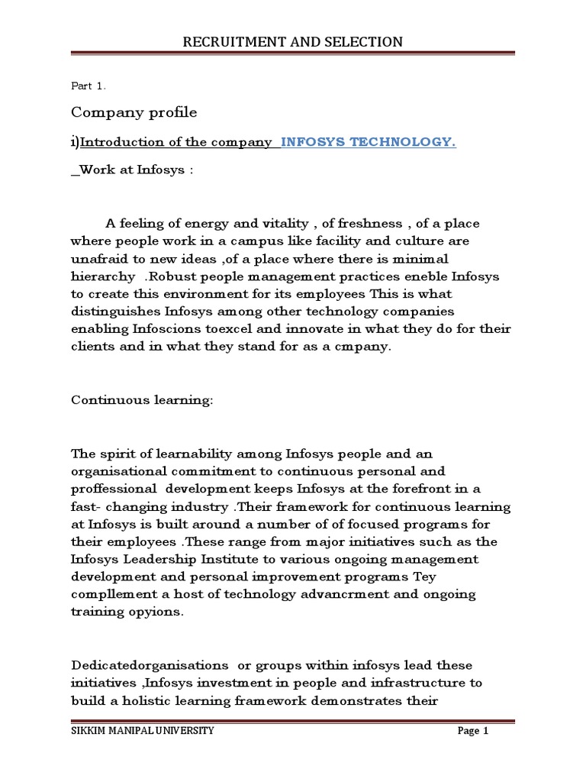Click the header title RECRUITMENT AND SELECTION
pyautogui.click(x=292, y=41)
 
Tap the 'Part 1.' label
pyautogui.click(x=89, y=86)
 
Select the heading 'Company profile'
pyautogui.click(x=134, y=113)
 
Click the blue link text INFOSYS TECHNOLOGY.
pyautogui.click(x=369, y=142)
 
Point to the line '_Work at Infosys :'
pyautogui.click(x=132, y=170)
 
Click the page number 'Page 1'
pyautogui.click(x=472, y=732)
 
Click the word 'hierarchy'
pyautogui.click(x=101, y=276)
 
